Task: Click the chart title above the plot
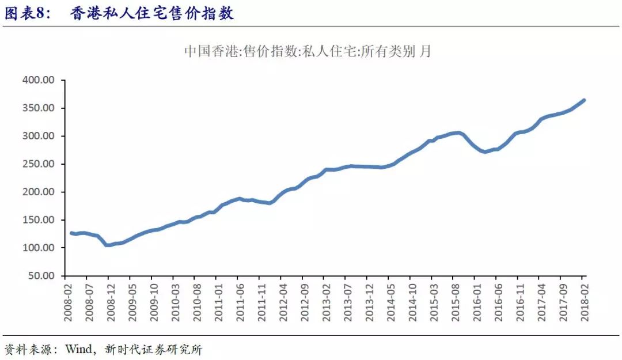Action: pos(308,51)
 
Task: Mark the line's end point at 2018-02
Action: pos(585,100)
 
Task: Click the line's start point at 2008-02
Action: pos(71,233)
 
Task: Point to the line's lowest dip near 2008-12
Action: pos(108,245)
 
